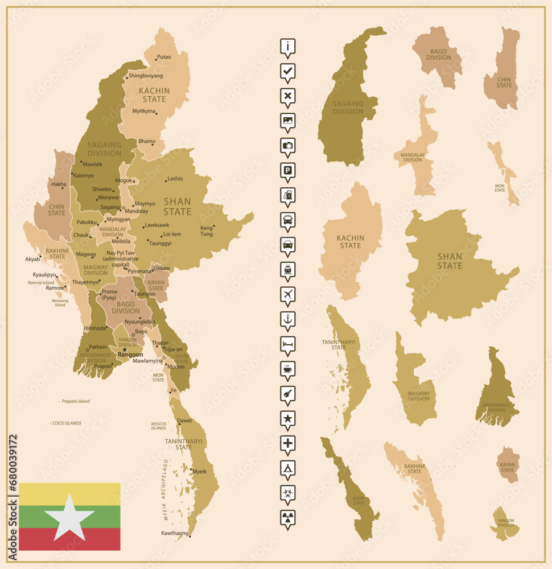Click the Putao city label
164,57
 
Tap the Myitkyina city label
144,111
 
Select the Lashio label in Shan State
175,179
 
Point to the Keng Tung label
207,231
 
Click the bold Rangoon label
130,354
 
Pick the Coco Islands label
67,423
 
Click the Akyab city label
32,259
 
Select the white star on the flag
69,517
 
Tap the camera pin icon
288,146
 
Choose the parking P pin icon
288,171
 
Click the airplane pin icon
288,295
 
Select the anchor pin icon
288,320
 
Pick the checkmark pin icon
288,72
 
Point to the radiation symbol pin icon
288,518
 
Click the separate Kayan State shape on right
508,464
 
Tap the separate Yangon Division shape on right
505,524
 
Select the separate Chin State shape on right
502,71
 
